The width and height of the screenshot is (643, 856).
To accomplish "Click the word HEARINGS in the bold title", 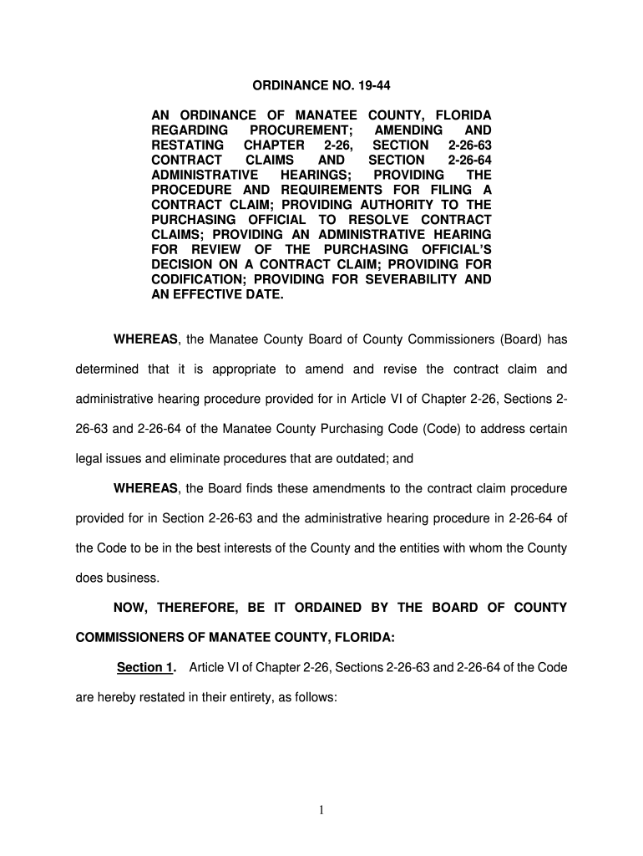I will point(316,176).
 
